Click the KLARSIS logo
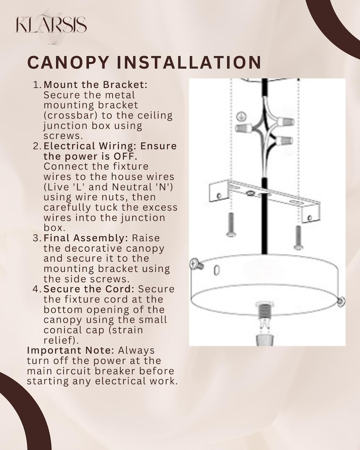(51, 25)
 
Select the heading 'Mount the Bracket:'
(95, 85)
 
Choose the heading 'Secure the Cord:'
(89, 289)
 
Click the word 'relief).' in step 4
(61, 340)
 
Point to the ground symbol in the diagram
(241, 116)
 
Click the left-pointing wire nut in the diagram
(244, 128)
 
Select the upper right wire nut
(286, 121)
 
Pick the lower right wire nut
(284, 140)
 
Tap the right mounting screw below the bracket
(298, 237)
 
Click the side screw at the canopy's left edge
(196, 264)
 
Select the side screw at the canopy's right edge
(341, 301)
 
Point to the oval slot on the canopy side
(217, 270)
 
